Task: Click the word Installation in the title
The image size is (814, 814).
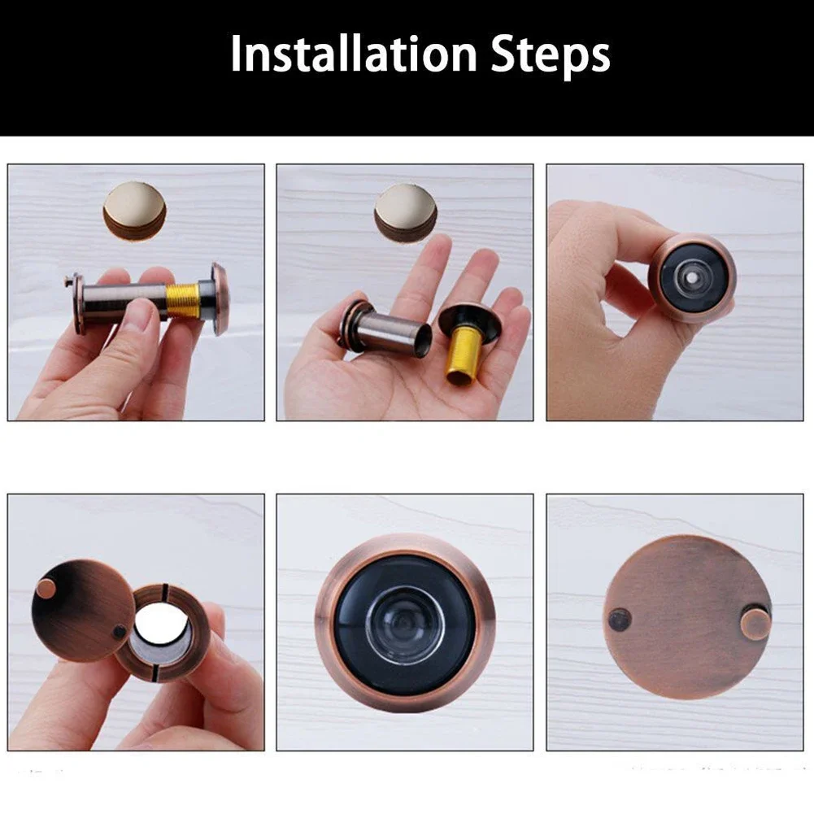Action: coord(351,54)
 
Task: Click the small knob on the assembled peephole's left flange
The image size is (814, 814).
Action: coord(68,281)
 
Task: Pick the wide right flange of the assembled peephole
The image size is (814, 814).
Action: coord(220,298)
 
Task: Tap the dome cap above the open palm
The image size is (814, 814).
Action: coord(405,207)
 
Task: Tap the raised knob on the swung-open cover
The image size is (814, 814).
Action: coord(47,588)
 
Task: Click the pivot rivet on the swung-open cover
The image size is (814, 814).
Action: coord(120,631)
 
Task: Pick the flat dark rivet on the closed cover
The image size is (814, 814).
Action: coord(620,620)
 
